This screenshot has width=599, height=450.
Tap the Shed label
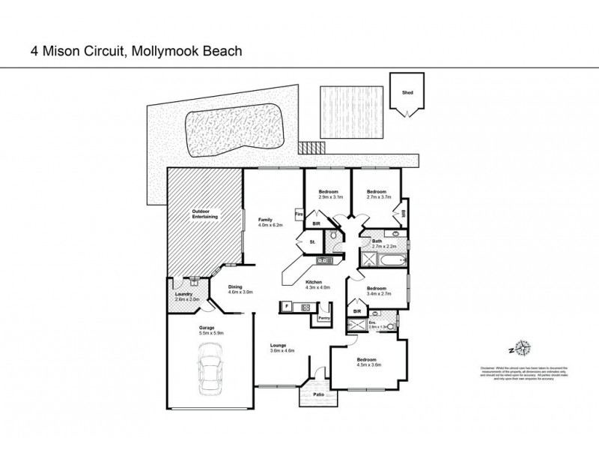pyautogui.click(x=407, y=94)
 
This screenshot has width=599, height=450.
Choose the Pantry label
pyautogui.click(x=323, y=318)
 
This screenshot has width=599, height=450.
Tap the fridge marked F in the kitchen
pyautogui.click(x=286, y=306)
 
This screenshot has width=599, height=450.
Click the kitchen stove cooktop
pyautogui.click(x=305, y=306)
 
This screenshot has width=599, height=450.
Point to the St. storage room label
pyautogui.click(x=311, y=242)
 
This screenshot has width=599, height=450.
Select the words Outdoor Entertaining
pyautogui.click(x=204, y=214)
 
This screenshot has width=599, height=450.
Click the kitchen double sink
pyautogui.click(x=324, y=260)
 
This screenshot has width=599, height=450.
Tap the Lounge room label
pyautogui.click(x=279, y=344)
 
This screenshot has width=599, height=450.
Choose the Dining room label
pyautogui.click(x=235, y=286)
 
